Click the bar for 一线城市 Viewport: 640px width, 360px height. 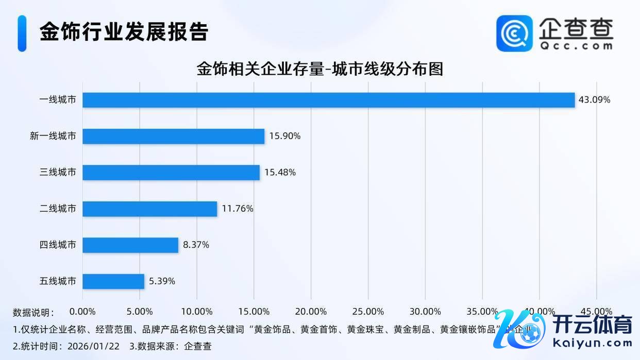click(328, 100)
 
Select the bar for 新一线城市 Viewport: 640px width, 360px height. click(173, 136)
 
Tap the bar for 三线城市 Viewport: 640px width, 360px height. click(171, 173)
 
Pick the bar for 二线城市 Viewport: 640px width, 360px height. click(149, 209)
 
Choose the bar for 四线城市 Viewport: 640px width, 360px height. click(130, 245)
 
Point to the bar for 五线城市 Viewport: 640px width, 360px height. click(113, 281)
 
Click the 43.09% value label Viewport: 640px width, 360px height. click(594, 100)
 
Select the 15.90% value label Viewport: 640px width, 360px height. click(284, 136)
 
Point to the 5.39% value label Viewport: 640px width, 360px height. click(162, 281)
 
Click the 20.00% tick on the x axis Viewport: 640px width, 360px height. click(311, 312)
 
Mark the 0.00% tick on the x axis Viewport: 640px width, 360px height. click(82, 312)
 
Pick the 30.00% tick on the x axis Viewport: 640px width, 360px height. click(425, 312)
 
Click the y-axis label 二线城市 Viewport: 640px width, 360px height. click(58, 209)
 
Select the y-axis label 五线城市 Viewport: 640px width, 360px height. click(58, 281)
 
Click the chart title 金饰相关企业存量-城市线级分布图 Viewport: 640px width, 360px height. click(319, 69)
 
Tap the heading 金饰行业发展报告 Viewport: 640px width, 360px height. click(124, 32)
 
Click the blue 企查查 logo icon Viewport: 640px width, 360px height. click(514, 33)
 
